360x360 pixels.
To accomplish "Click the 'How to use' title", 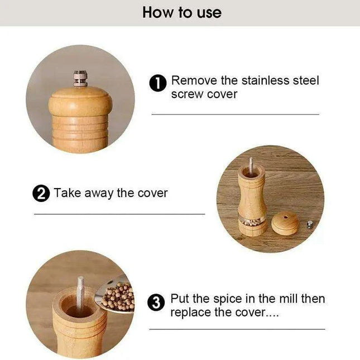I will (x=181, y=12).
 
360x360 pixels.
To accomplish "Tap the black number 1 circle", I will (x=158, y=84).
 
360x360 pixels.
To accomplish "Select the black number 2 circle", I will (x=41, y=194).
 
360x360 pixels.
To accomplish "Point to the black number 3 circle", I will (x=157, y=303).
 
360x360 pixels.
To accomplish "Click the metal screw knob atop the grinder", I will (x=80, y=78).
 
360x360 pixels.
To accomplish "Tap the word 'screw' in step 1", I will (x=188, y=94).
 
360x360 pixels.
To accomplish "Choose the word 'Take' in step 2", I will (x=67, y=193).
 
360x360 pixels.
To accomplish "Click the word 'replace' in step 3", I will (x=191, y=313).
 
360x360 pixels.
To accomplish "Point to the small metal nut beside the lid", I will (x=310, y=224).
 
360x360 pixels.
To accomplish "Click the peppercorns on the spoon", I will (x=118, y=296).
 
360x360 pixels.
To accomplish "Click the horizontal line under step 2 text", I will (x=119, y=214).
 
